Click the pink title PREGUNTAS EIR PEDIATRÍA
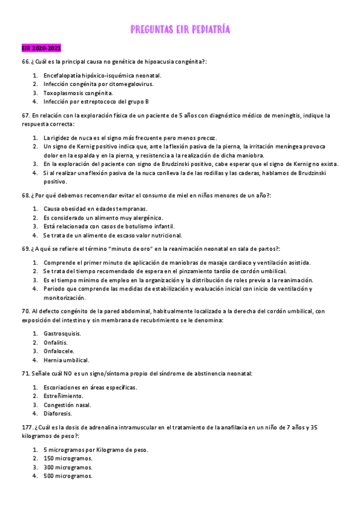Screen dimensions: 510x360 (180, 29)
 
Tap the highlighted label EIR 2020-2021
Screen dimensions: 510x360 (40, 48)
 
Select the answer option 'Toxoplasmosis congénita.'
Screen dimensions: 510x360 (78, 93)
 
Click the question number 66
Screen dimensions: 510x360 (25, 62)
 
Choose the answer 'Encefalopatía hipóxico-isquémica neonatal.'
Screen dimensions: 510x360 (102, 75)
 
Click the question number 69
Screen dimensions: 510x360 (25, 248)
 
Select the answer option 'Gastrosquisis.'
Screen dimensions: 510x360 (63, 333)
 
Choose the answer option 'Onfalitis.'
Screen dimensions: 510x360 (58, 342)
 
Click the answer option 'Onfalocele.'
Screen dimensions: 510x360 (60, 351)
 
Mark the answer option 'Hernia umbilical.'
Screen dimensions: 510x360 (67, 360)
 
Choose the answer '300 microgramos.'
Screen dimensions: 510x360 (68, 467)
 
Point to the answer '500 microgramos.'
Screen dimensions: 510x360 (68, 476)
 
